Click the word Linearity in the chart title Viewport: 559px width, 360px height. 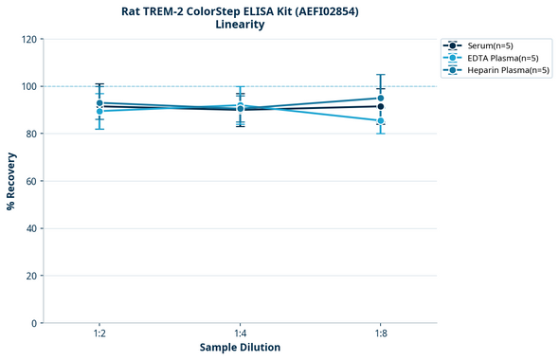[x=240, y=25]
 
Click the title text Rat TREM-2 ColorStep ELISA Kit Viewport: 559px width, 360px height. [x=240, y=11]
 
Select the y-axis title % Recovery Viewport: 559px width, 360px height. [x=11, y=181]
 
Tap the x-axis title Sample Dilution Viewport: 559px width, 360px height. [x=240, y=348]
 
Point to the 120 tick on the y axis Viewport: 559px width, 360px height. [x=28, y=39]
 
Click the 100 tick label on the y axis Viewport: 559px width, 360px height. [x=28, y=86]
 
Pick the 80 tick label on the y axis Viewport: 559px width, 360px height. [x=31, y=134]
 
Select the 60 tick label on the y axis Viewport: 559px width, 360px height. [x=31, y=181]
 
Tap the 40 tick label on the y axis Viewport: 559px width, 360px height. [x=31, y=228]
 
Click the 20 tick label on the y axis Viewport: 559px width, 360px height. [x=31, y=276]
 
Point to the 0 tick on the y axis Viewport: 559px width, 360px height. [x=34, y=323]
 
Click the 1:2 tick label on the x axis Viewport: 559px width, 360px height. [x=99, y=333]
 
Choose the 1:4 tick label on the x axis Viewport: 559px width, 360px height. [x=240, y=333]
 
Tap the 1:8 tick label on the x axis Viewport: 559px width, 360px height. [x=380, y=333]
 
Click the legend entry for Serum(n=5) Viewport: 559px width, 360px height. [x=489, y=45]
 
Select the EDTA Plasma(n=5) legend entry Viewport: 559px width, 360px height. [x=498, y=58]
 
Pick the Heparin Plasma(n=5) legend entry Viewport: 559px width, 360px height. [x=502, y=70]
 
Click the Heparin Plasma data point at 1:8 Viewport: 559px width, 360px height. [x=380, y=99]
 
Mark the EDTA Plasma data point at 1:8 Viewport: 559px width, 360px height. [x=380, y=121]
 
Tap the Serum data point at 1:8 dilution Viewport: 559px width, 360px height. [x=380, y=107]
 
